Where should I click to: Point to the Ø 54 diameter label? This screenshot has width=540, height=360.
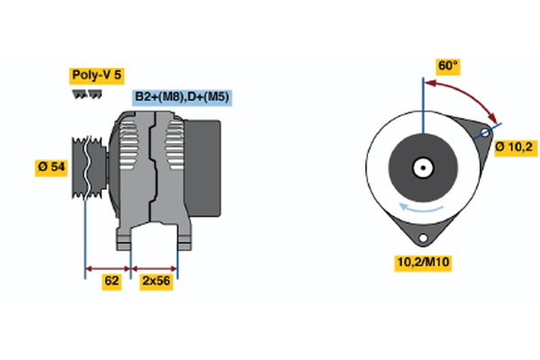51,166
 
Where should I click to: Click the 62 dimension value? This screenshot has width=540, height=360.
112,281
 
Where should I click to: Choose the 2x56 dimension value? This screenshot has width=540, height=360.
155,281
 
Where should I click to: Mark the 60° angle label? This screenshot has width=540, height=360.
448,67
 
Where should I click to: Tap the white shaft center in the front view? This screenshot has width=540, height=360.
421,166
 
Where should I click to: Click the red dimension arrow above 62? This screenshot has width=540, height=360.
108,267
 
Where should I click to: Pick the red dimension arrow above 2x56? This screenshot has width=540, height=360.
155,267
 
